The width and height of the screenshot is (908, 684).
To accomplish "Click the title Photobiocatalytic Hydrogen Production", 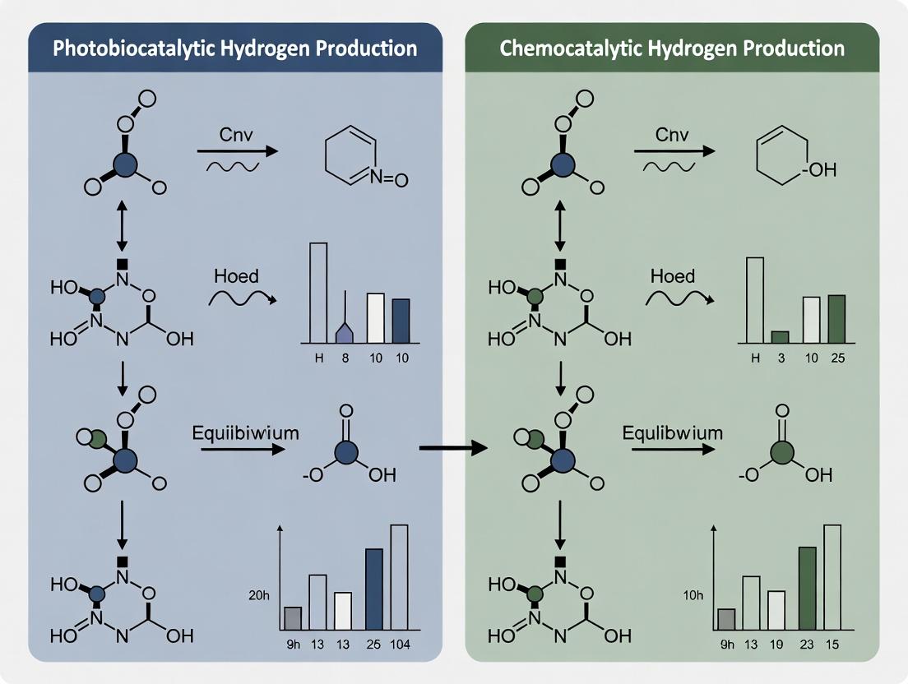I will [x=234, y=48].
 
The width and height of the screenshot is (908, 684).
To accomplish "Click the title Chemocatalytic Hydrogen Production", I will [x=672, y=48].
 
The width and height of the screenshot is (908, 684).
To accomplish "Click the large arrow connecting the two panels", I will [x=453, y=448].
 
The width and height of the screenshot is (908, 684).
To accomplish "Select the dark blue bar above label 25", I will [x=373, y=589].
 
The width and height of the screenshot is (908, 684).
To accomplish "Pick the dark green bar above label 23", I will [x=807, y=588].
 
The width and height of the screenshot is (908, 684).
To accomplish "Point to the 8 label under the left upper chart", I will [x=345, y=358].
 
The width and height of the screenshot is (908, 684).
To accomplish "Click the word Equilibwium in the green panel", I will [x=672, y=433].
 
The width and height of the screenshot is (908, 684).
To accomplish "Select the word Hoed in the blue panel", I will [x=236, y=276].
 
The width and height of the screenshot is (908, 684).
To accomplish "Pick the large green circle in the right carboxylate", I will [x=782, y=453].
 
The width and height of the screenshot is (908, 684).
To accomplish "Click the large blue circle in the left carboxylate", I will [x=346, y=453].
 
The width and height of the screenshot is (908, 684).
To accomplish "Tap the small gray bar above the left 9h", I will [x=293, y=618].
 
